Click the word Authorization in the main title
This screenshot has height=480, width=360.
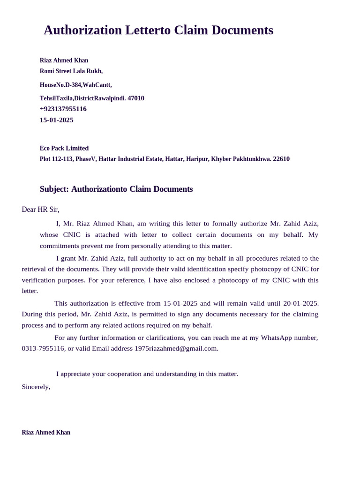pyautogui.click(x=82, y=30)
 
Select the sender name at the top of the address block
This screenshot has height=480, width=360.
pyautogui.click(x=64, y=60)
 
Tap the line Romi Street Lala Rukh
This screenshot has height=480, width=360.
pyautogui.click(x=71, y=71)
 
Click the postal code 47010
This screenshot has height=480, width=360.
pyautogui.click(x=136, y=98)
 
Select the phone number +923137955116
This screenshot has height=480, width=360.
pyautogui.click(x=63, y=109)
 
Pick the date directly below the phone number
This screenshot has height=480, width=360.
pyautogui.click(x=56, y=120)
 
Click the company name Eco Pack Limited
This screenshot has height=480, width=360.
pyautogui.click(x=64, y=148)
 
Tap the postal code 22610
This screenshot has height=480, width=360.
pyautogui.click(x=281, y=159)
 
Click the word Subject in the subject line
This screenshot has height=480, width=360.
pyautogui.click(x=53, y=189)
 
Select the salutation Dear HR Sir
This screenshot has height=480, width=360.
pyautogui.click(x=40, y=210)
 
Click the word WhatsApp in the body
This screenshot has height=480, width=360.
pyautogui.click(x=277, y=337)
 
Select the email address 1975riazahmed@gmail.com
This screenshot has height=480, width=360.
pyautogui.click(x=176, y=348)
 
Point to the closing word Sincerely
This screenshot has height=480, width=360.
pyautogui.click(x=36, y=387)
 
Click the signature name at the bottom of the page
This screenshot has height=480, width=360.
pyautogui.click(x=46, y=433)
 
